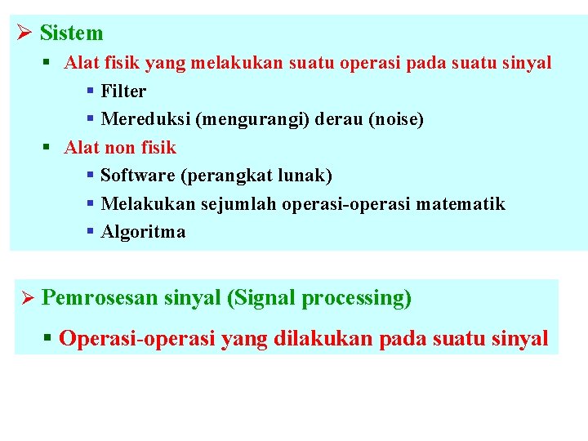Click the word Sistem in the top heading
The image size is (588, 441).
[x=71, y=33]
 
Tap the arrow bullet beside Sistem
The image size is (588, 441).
[x=24, y=33]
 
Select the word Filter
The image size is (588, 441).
[x=123, y=91]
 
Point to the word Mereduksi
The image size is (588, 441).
[x=145, y=119]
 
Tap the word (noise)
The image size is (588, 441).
[x=396, y=119]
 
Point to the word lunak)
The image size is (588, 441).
[x=305, y=176]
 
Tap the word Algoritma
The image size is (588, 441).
[x=143, y=233]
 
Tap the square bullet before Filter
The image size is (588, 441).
[x=91, y=91]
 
